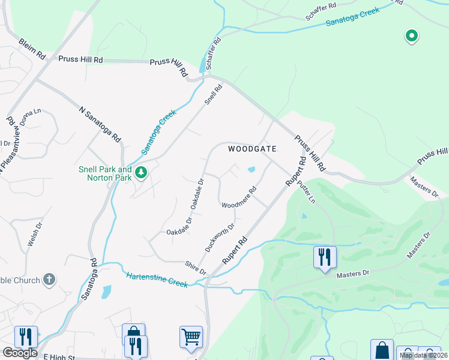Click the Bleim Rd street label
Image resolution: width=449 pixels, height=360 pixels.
pos(32,49)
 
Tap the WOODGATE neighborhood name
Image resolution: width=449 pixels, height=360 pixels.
pos(252,149)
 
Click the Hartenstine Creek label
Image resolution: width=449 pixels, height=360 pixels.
pos(158,279)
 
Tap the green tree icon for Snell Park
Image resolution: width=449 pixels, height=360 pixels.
pos(141,173)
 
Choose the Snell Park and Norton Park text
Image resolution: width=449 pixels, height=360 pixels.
pos(105,174)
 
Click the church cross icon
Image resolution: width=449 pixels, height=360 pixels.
pos(50,280)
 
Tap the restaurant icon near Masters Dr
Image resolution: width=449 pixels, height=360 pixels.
pos(324,257)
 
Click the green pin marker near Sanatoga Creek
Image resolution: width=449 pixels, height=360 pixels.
pos(411,37)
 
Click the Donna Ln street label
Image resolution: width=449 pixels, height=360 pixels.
pos(31,118)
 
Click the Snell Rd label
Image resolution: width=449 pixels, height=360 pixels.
pos(213,95)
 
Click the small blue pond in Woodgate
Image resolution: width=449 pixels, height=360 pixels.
pos(251,169)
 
